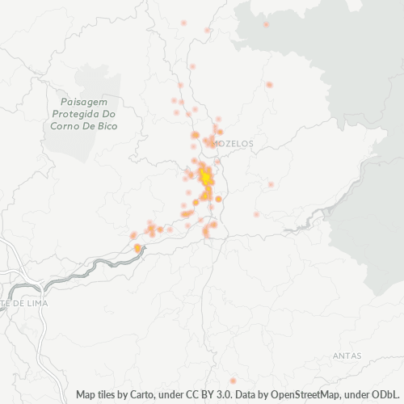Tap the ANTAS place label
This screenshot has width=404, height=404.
[347, 356]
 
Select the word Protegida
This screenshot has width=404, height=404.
[73, 115]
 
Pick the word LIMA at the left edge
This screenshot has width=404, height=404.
[35, 303]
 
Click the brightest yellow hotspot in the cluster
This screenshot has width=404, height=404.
[205, 177]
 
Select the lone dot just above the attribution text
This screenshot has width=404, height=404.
[233, 381]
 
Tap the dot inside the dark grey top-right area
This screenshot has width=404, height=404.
[266, 24]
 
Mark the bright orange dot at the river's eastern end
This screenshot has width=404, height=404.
[137, 248]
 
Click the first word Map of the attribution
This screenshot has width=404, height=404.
[87, 394]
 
